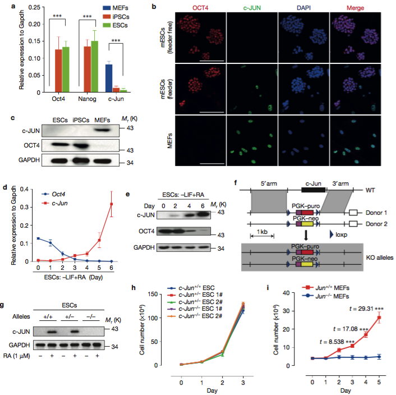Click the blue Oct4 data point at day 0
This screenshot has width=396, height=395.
click(38, 238)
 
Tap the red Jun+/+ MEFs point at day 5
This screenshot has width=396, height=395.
click(380, 318)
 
